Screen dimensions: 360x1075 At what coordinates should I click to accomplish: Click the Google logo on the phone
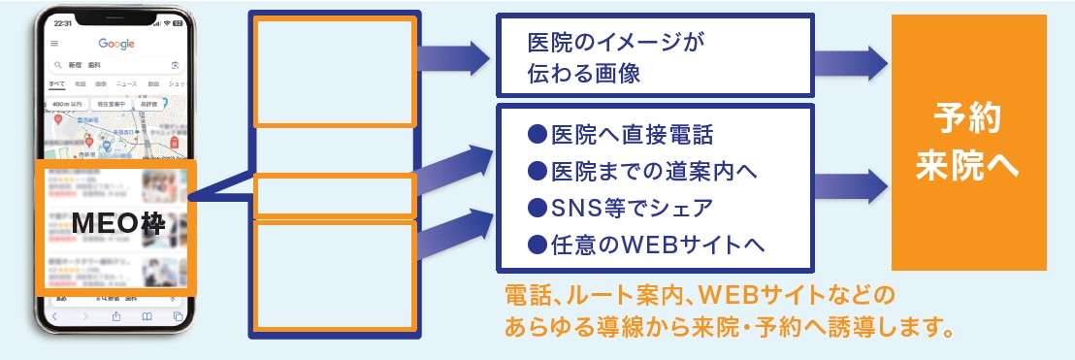(x=116, y=44)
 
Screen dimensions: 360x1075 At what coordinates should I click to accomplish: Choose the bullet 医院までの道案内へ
(x=640, y=171)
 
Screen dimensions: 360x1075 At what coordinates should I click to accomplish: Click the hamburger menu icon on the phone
(x=54, y=44)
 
